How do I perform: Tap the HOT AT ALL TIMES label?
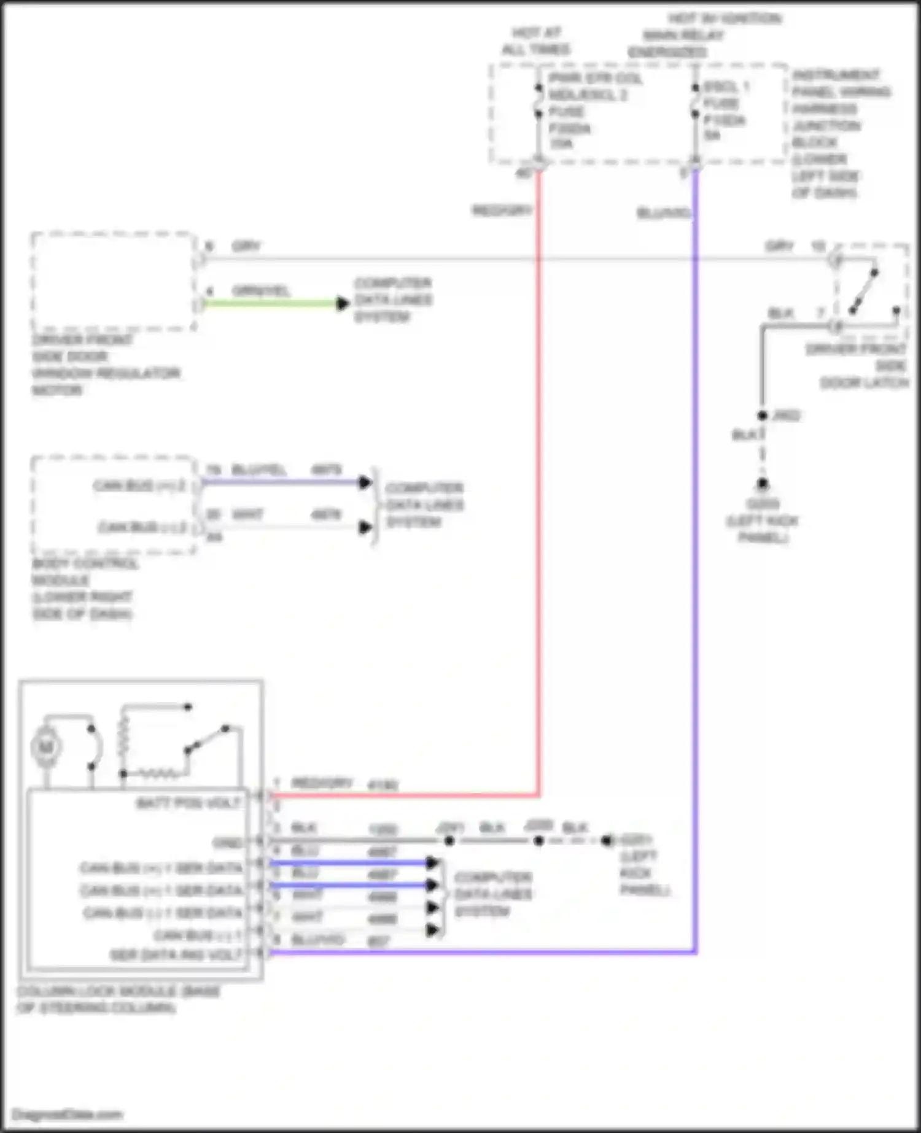click(x=536, y=41)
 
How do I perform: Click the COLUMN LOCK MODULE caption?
click(x=118, y=999)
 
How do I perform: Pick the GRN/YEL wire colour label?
click(x=260, y=290)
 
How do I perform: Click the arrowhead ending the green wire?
click(x=343, y=303)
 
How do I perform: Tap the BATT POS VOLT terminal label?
click(x=188, y=803)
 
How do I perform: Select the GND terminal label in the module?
click(x=227, y=843)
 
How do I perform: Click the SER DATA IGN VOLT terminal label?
click(x=176, y=955)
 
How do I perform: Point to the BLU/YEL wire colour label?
click(x=258, y=470)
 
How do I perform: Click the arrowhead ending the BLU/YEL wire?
click(x=365, y=482)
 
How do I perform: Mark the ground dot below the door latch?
click(x=762, y=484)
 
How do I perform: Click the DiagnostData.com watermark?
click(x=68, y=1114)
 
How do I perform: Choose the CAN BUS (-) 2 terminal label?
click(x=142, y=527)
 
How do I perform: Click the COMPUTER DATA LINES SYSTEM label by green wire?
click(x=393, y=300)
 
